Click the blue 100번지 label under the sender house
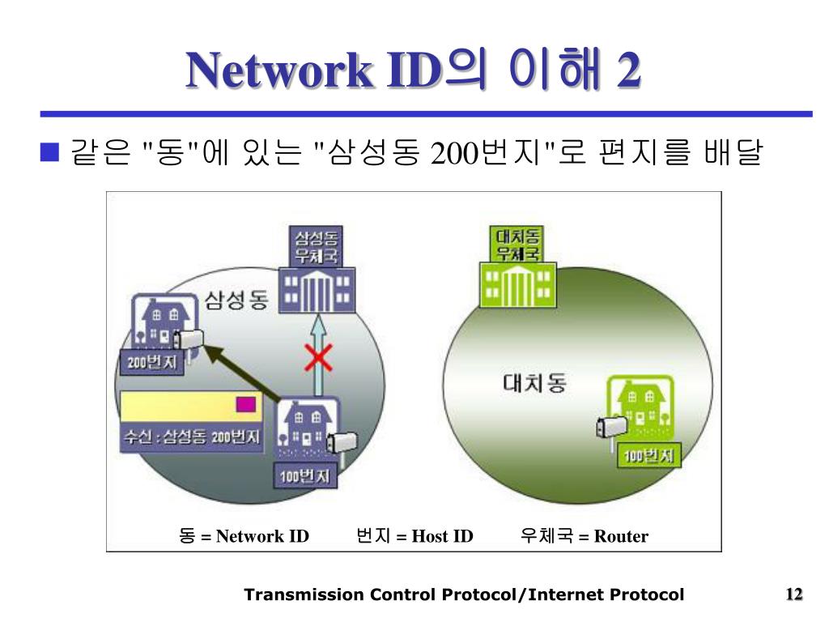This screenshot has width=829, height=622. point(304,476)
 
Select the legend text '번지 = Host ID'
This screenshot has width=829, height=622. point(414,536)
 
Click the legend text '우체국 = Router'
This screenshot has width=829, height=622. point(584,536)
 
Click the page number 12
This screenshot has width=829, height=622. point(793,595)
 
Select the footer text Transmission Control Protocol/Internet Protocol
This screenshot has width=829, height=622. point(464,595)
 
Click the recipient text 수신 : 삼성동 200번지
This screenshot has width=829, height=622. point(191,437)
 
